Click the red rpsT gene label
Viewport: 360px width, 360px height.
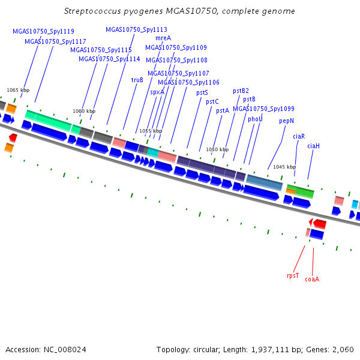point(293,275)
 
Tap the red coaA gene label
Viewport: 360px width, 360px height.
point(312,279)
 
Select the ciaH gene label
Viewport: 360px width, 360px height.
point(313,146)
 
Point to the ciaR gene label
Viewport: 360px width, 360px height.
point(299,136)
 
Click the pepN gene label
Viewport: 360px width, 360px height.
point(287,121)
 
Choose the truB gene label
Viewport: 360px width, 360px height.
point(137,80)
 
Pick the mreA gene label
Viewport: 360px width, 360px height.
point(163,38)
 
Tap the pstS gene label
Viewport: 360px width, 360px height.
point(202,93)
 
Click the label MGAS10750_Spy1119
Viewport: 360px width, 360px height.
point(43,31)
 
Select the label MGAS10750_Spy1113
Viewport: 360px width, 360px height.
point(136,29)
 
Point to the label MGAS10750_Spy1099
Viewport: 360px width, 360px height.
point(263,109)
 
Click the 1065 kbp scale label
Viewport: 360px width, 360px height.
point(18,90)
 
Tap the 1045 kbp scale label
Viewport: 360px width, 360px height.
point(284,167)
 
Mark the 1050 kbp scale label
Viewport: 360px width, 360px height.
point(217,149)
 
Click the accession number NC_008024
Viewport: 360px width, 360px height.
point(65,350)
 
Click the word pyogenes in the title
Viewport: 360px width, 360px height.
point(143,11)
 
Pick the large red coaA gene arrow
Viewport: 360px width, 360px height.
point(320,224)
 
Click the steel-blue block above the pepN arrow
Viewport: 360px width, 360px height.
point(264,182)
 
